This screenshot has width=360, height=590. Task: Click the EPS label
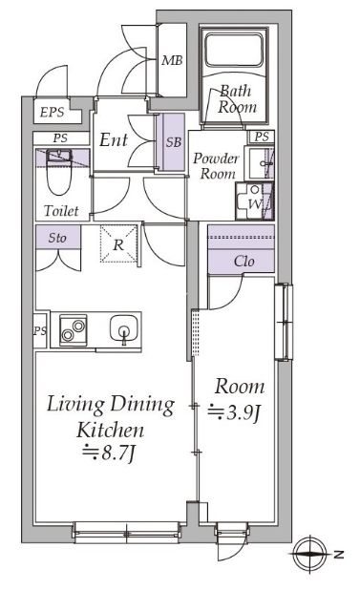[x=53, y=112]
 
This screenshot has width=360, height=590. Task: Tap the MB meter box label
[x=172, y=60]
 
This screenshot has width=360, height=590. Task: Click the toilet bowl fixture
[x=59, y=173]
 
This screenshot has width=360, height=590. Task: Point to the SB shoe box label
[x=174, y=142]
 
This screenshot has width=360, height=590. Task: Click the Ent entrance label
[x=114, y=140]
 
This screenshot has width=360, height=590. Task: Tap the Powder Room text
[x=216, y=166]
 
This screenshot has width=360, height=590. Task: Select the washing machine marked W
[x=254, y=200]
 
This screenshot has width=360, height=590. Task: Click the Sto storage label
[x=57, y=238]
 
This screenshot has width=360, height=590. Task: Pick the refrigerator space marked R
[x=118, y=243]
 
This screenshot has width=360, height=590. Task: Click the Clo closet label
[x=244, y=261]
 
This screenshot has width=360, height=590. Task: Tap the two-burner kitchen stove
[x=73, y=330]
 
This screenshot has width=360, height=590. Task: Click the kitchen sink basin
[x=124, y=328]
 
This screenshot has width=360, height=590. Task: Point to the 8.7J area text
[x=108, y=453]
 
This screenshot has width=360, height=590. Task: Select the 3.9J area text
[x=234, y=412]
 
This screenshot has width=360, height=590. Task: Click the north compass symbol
[x=310, y=554]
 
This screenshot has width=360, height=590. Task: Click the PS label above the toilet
[x=60, y=138]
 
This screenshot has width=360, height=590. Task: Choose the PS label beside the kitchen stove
[x=40, y=331]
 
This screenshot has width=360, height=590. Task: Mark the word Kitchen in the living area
[x=110, y=430]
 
